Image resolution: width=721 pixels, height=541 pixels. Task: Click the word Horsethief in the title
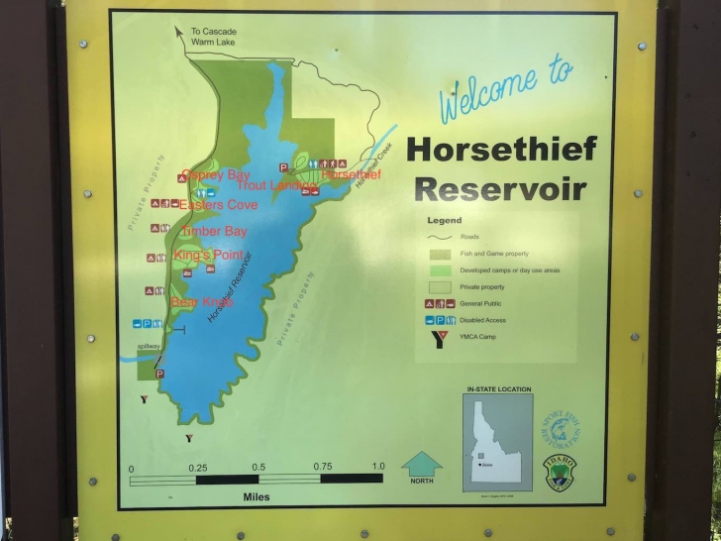pyautogui.click(x=501, y=150)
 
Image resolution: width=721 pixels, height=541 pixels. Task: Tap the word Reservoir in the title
pyautogui.click(x=499, y=189)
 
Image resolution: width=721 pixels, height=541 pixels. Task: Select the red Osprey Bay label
pyautogui.click(x=215, y=175)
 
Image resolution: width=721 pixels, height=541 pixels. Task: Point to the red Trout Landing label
pyautogui.click(x=276, y=185)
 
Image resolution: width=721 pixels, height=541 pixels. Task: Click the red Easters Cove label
pyautogui.click(x=219, y=205)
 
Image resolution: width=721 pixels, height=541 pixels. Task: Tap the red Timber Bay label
pyautogui.click(x=213, y=231)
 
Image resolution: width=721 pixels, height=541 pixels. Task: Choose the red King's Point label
pyautogui.click(x=209, y=256)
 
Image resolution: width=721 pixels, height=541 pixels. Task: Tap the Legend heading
pyautogui.click(x=445, y=221)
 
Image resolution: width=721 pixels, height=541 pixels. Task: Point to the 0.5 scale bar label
pyautogui.click(x=257, y=467)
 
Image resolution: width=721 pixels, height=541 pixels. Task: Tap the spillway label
pyautogui.click(x=148, y=346)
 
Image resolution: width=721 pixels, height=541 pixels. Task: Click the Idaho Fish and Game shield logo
pyautogui.click(x=556, y=471)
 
